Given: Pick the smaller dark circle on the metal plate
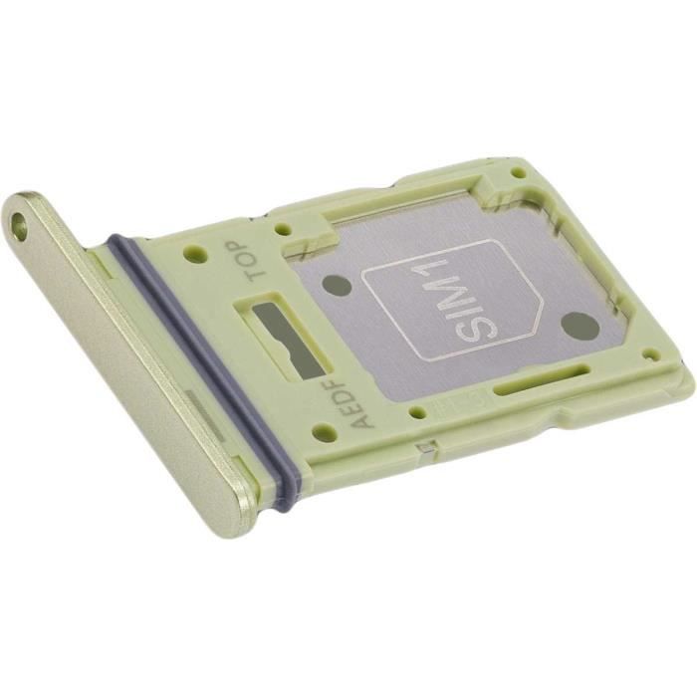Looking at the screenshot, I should coord(340,286).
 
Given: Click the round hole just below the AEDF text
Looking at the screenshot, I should coord(323,433).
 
